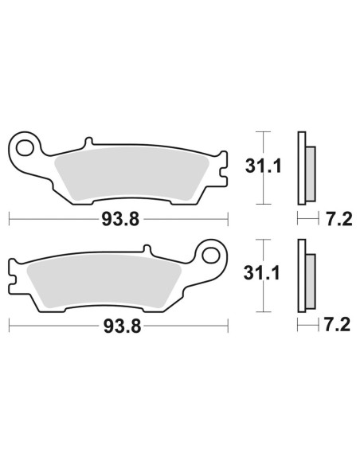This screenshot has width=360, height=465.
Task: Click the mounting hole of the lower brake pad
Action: click(212, 255)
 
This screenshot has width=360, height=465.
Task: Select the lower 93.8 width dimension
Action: click(118, 326)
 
